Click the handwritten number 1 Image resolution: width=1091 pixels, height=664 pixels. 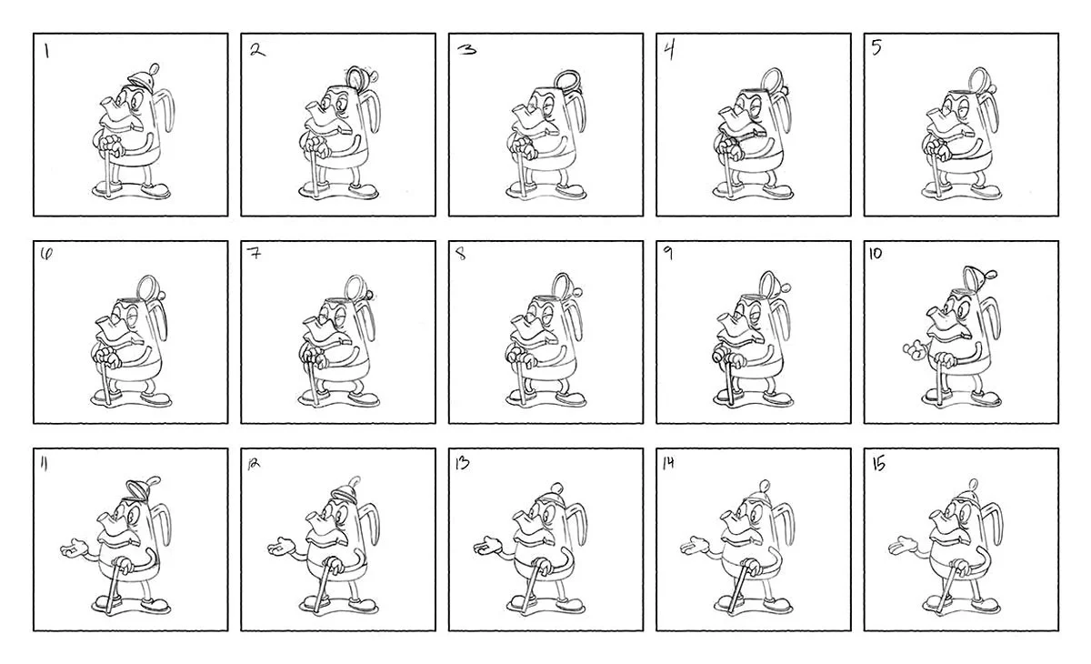(46, 51)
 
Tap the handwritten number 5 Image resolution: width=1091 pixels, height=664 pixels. (876, 47)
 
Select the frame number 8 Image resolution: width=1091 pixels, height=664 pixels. (461, 254)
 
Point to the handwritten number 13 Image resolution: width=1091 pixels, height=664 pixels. (462, 463)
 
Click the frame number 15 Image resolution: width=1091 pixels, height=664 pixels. (878, 464)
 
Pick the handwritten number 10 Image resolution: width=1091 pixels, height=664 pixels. (876, 254)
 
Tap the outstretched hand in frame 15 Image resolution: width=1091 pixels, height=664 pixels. (903, 546)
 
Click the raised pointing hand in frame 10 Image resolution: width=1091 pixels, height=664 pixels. (915, 350)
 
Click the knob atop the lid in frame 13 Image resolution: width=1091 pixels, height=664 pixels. (557, 488)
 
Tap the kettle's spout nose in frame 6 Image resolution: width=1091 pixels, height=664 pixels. (108, 324)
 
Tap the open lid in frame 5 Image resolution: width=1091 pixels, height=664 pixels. (977, 78)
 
